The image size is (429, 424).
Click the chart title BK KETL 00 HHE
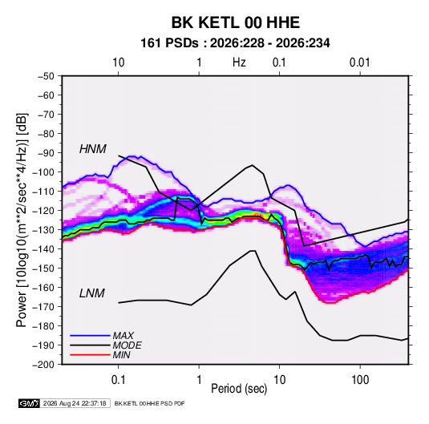coord(235,22)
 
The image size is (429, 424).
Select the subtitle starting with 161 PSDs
coord(235,43)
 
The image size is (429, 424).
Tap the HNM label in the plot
coord(93,149)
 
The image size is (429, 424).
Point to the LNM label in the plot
coord(92,293)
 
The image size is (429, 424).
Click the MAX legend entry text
coord(123,336)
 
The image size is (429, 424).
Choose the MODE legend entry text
coord(127,345)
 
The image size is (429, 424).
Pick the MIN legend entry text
coord(121,355)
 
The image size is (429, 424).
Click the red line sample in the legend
coord(90,355)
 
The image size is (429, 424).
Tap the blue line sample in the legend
coord(90,336)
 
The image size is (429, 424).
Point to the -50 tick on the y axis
coord(46,76)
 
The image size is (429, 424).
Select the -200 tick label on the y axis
coord(43,365)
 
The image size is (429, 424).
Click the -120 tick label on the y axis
coord(43,211)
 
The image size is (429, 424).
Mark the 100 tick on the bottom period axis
coord(360,380)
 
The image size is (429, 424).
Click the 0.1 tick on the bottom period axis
coord(118,380)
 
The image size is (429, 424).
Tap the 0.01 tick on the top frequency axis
coord(359,63)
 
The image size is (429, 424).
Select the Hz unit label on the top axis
coord(239,63)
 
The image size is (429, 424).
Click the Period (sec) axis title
coord(239,389)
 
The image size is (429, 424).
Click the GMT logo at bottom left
coord(29,403)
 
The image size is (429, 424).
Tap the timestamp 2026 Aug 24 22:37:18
coord(75,403)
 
